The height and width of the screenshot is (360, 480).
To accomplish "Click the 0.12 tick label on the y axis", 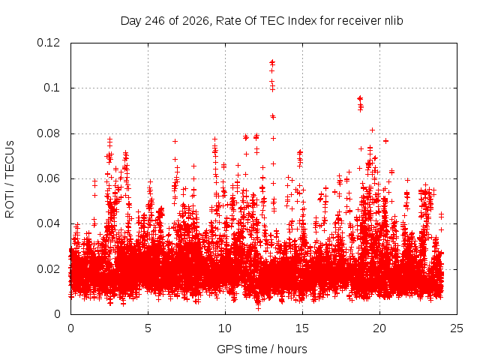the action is [x=48, y=43].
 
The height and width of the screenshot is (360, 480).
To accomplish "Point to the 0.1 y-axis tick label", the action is [x=52, y=88].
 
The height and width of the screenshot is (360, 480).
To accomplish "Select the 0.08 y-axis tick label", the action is [x=48, y=133].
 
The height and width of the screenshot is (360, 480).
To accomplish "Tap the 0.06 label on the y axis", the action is [x=48, y=178].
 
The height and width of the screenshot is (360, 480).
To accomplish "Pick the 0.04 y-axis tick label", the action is [x=48, y=223].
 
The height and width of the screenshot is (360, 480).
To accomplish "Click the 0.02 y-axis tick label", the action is [x=48, y=269].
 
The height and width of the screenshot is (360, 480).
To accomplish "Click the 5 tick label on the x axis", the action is [x=148, y=328].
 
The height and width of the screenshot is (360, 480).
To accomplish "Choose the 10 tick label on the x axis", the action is [x=225, y=328].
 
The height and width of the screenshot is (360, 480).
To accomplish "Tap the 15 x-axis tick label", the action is [x=302, y=328].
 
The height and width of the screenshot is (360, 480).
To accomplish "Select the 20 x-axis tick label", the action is [x=379, y=328].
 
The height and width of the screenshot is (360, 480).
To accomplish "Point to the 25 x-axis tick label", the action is [x=457, y=328].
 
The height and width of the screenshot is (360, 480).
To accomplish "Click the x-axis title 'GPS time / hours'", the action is [x=262, y=349].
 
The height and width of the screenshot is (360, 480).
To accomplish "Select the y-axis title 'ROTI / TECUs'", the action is [x=10, y=179].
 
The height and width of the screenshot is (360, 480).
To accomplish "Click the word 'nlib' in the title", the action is [x=394, y=21].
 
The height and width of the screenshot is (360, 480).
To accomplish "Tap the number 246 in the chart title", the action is [x=154, y=21].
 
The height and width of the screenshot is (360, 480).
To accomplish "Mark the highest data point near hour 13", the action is [x=272, y=62].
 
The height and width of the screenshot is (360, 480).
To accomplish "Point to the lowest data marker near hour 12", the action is [x=258, y=308].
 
